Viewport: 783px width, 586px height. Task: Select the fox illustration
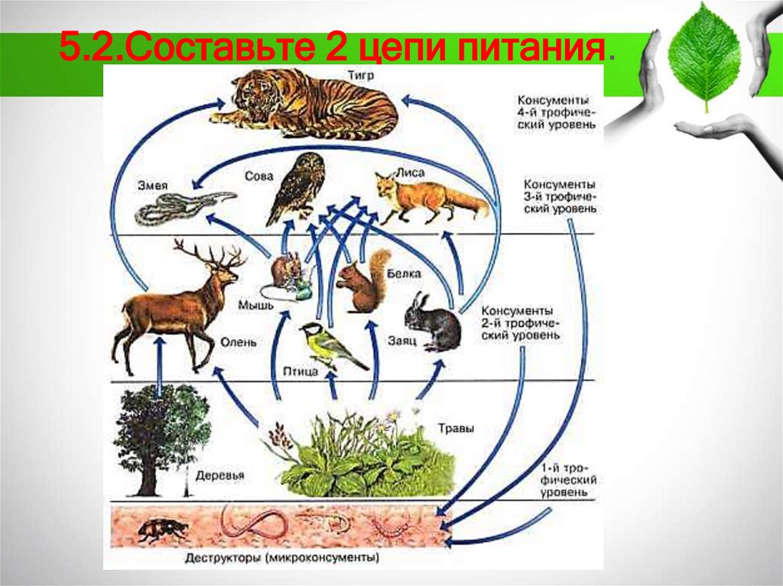click(x=425, y=196)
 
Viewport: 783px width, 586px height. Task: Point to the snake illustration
click(x=180, y=206)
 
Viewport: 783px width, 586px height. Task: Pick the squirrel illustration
click(x=362, y=283)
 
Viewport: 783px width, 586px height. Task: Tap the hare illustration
click(x=434, y=322)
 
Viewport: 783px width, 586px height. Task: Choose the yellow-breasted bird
click(x=329, y=346)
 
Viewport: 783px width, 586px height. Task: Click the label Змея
click(x=152, y=185)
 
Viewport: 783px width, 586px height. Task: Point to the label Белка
click(x=404, y=273)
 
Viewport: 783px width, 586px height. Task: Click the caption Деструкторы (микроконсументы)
click(x=282, y=558)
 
